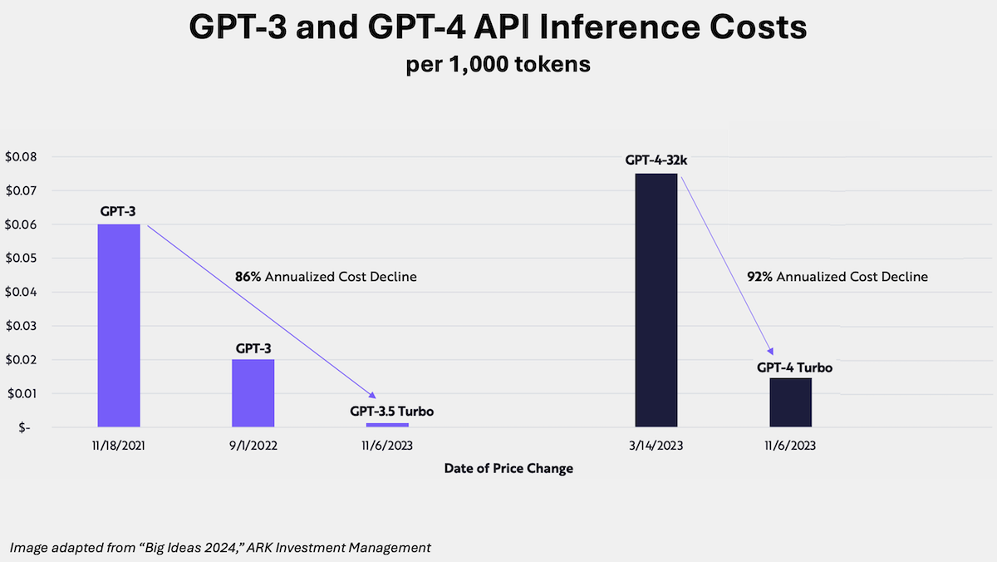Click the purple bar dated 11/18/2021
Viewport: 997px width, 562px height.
pyautogui.click(x=119, y=325)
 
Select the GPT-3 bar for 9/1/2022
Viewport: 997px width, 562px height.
pyautogui.click(x=253, y=392)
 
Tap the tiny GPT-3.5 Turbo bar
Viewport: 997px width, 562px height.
pyautogui.click(x=387, y=425)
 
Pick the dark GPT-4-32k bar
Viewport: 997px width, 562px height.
pyautogui.click(x=656, y=300)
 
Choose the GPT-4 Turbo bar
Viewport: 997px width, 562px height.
pyautogui.click(x=790, y=402)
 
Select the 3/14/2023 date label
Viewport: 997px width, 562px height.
pyautogui.click(x=656, y=446)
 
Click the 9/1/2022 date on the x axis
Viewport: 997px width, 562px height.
pyautogui.click(x=253, y=446)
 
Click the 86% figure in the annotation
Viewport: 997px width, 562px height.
pyautogui.click(x=248, y=277)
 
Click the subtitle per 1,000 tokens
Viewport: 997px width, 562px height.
pyautogui.click(x=498, y=65)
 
